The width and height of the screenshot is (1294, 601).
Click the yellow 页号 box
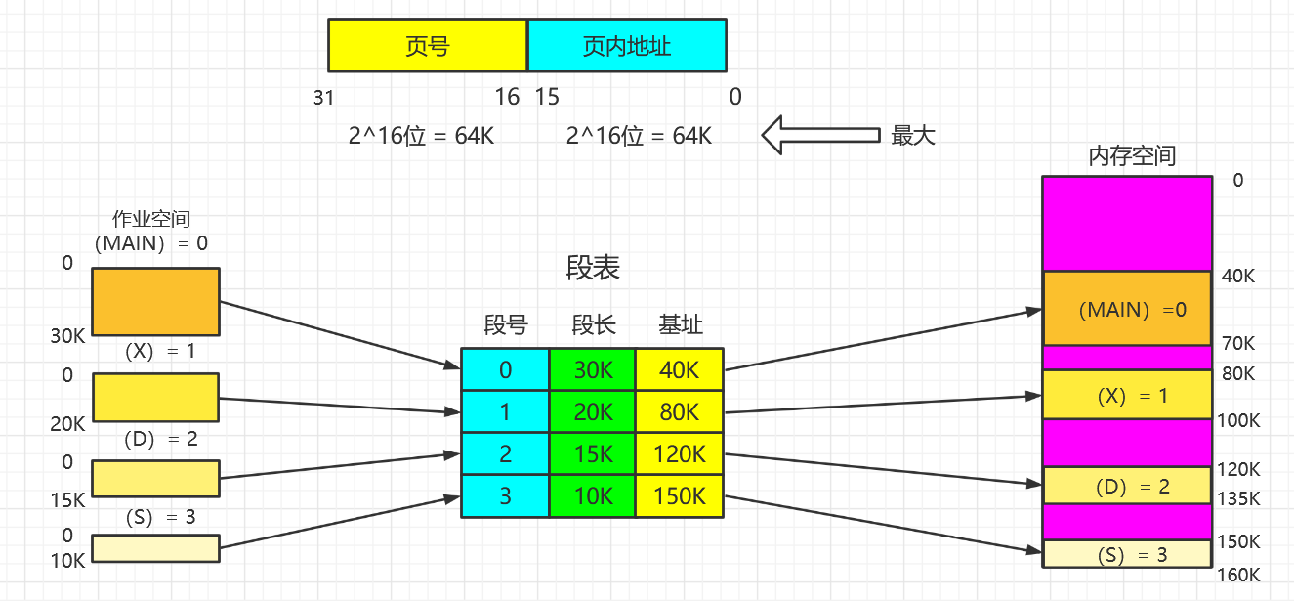click(427, 46)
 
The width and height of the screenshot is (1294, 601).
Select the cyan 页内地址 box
click(627, 46)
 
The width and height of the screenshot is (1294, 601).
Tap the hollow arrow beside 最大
click(819, 135)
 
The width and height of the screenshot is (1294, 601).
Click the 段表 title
click(593, 269)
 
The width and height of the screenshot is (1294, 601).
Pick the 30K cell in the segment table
click(593, 370)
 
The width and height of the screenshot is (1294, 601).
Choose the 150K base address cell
click(680, 496)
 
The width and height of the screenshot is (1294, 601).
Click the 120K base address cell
click(680, 454)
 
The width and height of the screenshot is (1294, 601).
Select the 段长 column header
click(593, 325)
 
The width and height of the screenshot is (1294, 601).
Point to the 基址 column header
click(680, 325)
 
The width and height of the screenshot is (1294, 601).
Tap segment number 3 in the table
click(505, 496)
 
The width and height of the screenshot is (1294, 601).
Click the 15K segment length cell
click(593, 454)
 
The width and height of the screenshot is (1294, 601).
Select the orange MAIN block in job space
click(155, 301)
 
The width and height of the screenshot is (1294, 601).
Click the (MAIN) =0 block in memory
click(1126, 309)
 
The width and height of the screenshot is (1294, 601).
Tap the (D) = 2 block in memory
click(1126, 486)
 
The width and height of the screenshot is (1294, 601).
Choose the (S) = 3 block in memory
click(1126, 554)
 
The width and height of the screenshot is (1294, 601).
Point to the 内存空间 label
click(1131, 156)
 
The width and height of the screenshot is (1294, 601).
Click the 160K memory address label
click(1238, 575)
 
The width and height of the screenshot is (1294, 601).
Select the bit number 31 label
click(324, 97)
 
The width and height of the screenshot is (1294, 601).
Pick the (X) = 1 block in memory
click(1126, 395)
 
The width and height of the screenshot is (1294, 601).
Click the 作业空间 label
click(151, 220)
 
